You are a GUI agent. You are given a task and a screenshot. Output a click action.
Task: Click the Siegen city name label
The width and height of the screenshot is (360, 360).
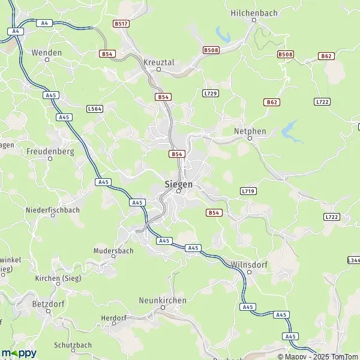tap(179, 184)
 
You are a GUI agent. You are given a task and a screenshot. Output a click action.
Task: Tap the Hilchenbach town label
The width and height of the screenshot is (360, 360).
tap(253, 12)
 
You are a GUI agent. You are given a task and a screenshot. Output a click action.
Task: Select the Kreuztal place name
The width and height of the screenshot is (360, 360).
tap(158, 62)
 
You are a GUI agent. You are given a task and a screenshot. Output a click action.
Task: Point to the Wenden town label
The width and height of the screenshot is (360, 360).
tap(47, 53)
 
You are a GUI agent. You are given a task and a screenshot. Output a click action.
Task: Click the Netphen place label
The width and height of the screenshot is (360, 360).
tap(250, 130)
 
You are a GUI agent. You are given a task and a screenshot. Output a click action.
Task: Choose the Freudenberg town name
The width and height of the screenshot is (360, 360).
tap(50, 152)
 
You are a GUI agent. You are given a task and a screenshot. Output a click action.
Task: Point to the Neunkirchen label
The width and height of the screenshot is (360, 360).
tap(163, 300)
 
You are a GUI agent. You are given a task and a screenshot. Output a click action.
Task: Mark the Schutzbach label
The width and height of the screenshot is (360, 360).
tap(73, 345)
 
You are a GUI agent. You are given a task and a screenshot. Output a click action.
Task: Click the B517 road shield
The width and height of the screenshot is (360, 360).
tap(122, 23)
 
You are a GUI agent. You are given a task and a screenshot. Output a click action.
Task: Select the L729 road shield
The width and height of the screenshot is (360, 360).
tap(210, 93)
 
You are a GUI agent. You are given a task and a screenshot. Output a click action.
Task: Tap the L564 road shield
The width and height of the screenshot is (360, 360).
tap(94, 109)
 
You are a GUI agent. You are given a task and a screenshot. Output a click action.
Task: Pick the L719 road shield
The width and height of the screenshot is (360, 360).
tap(248, 191)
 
